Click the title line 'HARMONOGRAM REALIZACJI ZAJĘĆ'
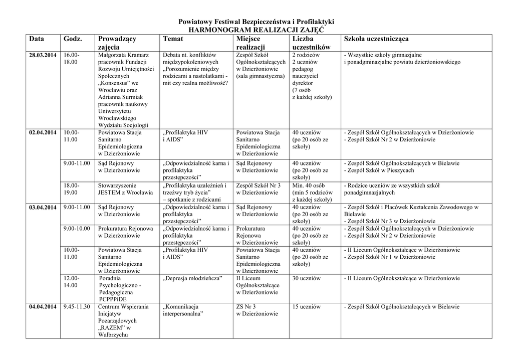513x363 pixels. coord(256,30)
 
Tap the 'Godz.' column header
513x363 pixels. coord(73,39)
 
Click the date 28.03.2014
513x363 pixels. coord(43,55)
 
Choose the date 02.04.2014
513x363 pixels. coord(43,133)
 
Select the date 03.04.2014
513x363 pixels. coord(43,208)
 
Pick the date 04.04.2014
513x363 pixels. coord(43,307)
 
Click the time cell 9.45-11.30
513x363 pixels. coord(77,307)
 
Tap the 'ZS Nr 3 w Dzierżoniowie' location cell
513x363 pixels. coord(256,310)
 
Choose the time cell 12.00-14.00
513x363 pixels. coord(71,282)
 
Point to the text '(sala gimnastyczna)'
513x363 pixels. coord(260,76)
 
